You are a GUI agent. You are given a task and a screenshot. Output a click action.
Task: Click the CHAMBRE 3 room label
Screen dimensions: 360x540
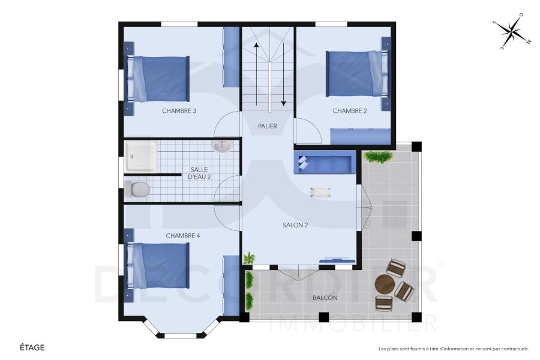coord(179,110)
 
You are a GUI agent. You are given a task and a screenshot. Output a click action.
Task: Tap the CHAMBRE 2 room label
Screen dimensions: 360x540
coord(349,110)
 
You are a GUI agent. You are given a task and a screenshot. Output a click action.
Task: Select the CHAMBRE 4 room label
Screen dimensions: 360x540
coord(183,236)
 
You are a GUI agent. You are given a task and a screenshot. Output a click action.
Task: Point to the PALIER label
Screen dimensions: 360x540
coord(268,126)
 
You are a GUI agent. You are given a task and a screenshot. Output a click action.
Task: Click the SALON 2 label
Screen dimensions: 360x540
coord(295,225)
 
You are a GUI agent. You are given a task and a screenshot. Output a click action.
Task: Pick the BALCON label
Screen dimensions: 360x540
coord(325,298)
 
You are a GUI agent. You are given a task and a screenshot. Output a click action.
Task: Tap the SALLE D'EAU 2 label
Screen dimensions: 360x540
coord(198,173)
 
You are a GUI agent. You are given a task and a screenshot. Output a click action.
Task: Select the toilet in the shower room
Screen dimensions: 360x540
coord(138,190)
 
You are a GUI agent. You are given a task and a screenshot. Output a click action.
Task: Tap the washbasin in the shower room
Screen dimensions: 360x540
coord(223,146)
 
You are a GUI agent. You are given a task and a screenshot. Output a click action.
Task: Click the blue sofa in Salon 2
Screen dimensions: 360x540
coord(325,163)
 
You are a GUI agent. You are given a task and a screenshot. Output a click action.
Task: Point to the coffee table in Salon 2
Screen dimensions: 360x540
coord(320,192)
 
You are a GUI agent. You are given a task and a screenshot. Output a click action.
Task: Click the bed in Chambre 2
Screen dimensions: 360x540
coord(354,74)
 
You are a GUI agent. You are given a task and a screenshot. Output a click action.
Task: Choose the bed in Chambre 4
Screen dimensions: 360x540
coord(157,265)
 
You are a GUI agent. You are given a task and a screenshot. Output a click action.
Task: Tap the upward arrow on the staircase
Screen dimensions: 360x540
coord(256,72)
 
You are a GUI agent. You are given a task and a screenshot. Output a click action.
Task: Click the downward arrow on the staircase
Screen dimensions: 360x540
coord(283,75)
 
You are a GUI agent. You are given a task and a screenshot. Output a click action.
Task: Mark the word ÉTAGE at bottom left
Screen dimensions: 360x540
coord(32,347)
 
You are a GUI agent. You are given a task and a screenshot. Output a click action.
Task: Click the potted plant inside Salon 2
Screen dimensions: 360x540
coord(248,259)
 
